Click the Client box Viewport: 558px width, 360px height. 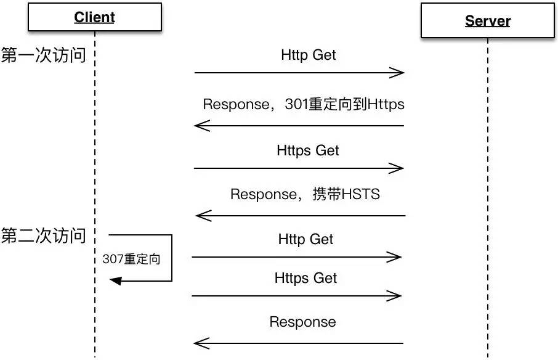coord(95,17)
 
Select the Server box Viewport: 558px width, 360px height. coord(488,21)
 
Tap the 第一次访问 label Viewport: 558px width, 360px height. coord(43,55)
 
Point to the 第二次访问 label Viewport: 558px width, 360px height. coord(43,235)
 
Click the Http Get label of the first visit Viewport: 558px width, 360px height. coord(308,55)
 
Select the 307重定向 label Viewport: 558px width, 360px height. coord(131,259)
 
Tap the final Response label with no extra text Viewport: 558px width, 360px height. coord(302,322)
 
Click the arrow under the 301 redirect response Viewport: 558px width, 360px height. coord(299,125)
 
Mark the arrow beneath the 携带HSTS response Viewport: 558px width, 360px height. coord(301,215)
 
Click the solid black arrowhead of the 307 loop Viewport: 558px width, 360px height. coord(116,281)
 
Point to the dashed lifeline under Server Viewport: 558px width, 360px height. coord(488,198)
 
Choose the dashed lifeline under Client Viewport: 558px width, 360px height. coord(95,194)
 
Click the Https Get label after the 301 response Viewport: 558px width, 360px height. coord(307,150)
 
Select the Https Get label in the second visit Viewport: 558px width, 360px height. coord(305,278)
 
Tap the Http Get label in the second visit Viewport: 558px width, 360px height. coord(305,239)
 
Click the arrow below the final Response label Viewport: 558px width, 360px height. coord(298,343)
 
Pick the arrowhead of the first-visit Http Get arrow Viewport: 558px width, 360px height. coord(397,73)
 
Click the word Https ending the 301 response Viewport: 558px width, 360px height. coord(386,104)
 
